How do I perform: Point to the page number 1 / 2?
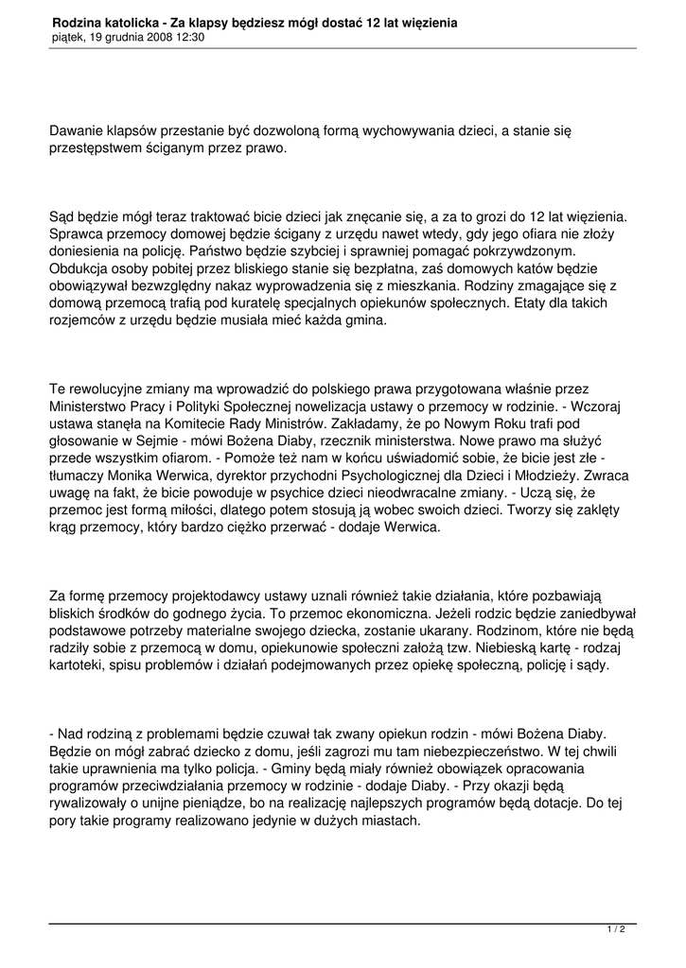tap(616, 930)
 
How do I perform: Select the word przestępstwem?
tap(97, 149)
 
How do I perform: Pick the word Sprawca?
tap(77, 236)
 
